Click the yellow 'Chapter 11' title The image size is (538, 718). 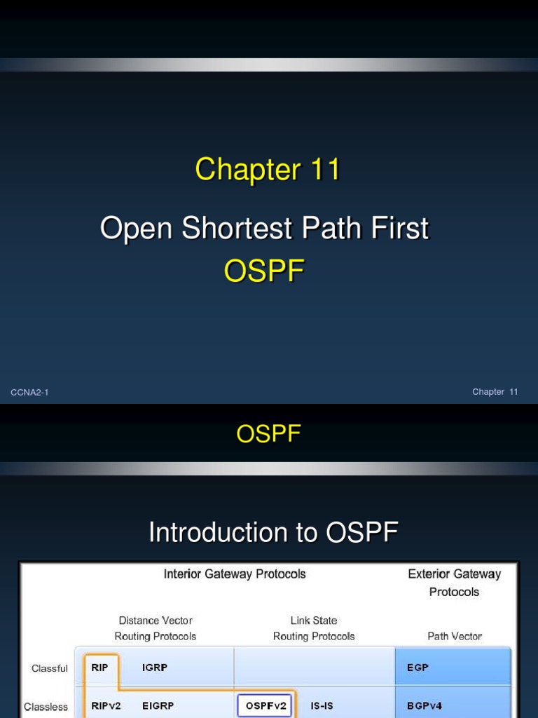tap(268, 170)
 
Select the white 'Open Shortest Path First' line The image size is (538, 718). tap(264, 229)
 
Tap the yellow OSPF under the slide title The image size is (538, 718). tap(264, 271)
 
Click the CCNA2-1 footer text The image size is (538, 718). tap(29, 392)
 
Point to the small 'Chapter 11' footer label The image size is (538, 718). tap(495, 392)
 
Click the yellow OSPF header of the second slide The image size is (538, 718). tap(268, 435)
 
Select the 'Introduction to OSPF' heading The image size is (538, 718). tap(273, 533)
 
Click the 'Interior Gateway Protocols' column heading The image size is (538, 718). tap(235, 574)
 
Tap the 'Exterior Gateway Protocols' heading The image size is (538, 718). tap(454, 583)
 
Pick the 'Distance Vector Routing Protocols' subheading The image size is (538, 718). tap(156, 628)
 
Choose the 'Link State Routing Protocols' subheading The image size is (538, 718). tap(314, 628)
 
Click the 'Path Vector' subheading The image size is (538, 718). tap(455, 636)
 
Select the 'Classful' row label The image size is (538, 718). tap(50, 668)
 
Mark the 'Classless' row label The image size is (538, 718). tap(46, 707)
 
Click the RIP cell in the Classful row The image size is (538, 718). tap(100, 668)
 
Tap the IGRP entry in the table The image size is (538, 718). tap(155, 668)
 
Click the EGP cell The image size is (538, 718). tap(418, 668)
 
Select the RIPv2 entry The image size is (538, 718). tap(106, 706)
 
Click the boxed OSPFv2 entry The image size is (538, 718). tap(265, 706)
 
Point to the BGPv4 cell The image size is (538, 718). tap(425, 706)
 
